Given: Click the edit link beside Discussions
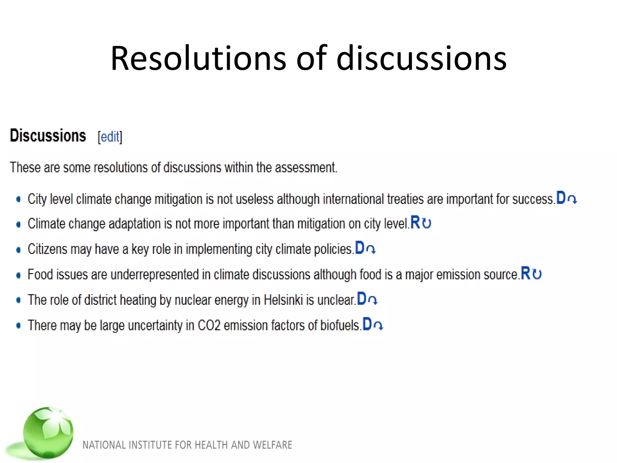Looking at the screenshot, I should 110,137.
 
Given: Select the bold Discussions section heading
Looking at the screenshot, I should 48,136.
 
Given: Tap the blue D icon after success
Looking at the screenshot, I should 561,198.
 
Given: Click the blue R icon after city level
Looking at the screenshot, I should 415,223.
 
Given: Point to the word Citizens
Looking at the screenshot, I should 47,249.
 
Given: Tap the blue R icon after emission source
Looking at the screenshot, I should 525,273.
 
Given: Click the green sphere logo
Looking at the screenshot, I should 48,432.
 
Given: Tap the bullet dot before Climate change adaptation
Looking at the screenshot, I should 19,225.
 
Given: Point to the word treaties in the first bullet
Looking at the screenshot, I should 405,199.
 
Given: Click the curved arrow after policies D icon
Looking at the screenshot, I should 371,249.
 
